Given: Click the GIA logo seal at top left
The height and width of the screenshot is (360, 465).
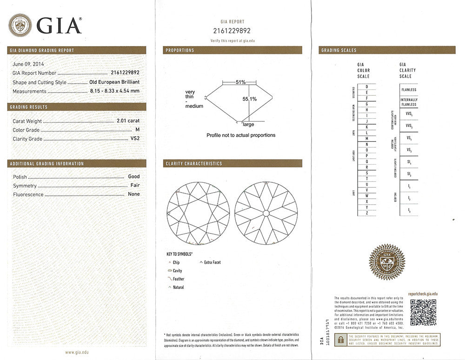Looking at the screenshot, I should coord(20,25).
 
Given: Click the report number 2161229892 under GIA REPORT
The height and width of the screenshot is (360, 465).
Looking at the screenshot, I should coord(233,31).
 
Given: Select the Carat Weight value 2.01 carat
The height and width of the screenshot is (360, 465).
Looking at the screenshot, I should coord(128,121).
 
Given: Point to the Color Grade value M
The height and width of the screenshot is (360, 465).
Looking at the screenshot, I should coord(137,130).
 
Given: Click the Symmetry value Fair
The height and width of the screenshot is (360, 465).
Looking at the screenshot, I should coord(134,186).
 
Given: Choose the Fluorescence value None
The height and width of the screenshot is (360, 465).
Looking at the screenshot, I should coord(134,194).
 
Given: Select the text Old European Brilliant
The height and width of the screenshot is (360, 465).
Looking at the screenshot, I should coord(114,82).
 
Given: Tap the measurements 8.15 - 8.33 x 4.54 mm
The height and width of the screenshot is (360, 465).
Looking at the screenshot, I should coord(114,91).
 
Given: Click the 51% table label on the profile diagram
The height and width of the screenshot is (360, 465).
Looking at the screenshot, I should coord(240,82).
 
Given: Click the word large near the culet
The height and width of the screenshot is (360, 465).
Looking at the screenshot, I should coord(248,125).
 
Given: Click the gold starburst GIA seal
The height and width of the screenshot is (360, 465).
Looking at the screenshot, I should coord(387,262).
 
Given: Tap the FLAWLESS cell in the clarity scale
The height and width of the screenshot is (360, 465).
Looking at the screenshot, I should coord(409,89).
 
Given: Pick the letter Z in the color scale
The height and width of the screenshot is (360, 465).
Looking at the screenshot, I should coord(367,213).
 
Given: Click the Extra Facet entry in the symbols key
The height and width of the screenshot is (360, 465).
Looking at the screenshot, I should coord(212,262).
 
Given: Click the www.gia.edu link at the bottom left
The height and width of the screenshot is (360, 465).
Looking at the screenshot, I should coord(77,352).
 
